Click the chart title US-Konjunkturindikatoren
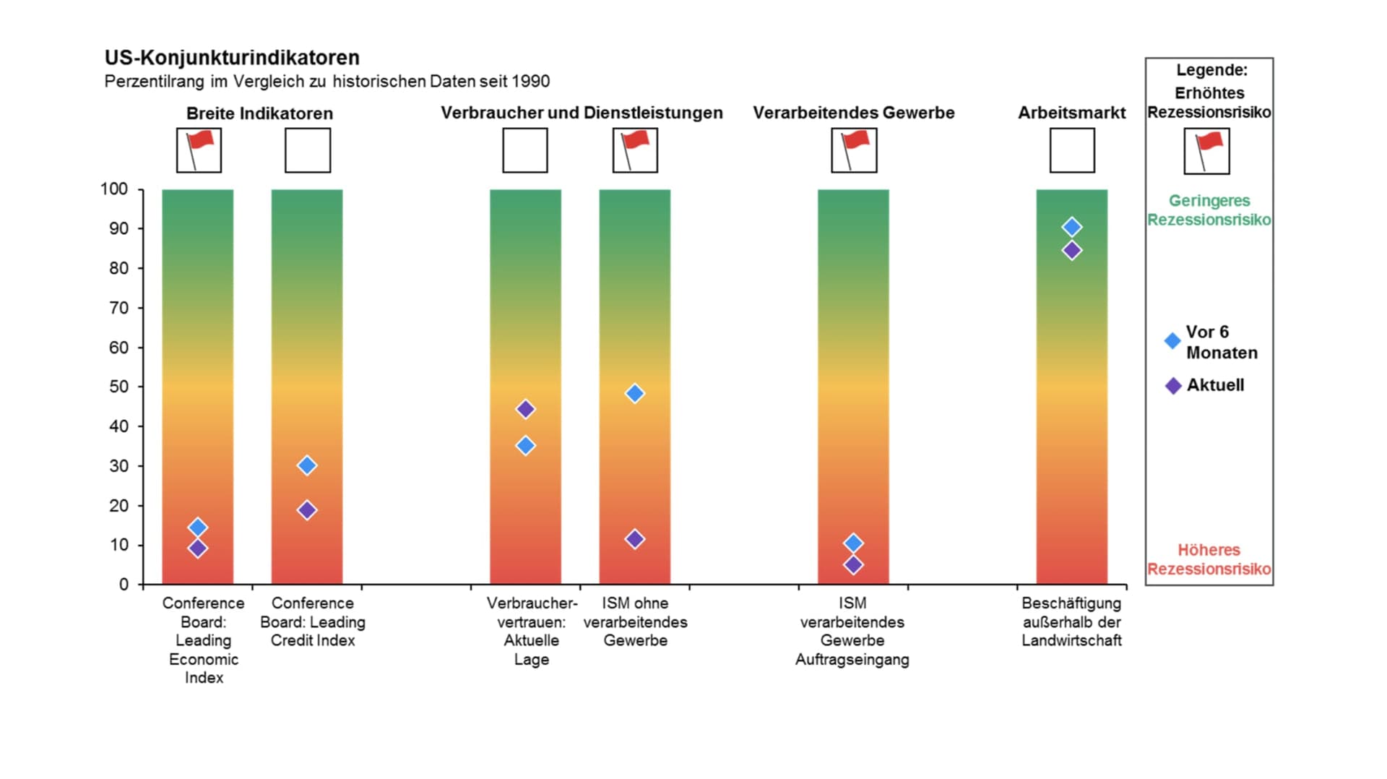(232, 58)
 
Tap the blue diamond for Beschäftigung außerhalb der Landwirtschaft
(1072, 227)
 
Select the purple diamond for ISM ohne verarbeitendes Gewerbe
(635, 539)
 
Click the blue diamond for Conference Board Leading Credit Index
(307, 465)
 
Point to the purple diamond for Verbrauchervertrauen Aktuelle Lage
(526, 409)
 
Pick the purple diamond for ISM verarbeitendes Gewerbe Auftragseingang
(853, 564)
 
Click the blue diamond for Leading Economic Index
(198, 528)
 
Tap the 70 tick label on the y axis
(118, 308)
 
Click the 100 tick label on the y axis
(114, 189)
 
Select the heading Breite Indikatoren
(259, 113)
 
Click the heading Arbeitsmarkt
(1072, 113)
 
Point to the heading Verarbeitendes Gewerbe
(854, 113)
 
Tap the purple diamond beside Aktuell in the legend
(1174, 386)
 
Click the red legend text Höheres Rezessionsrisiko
(1209, 559)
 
